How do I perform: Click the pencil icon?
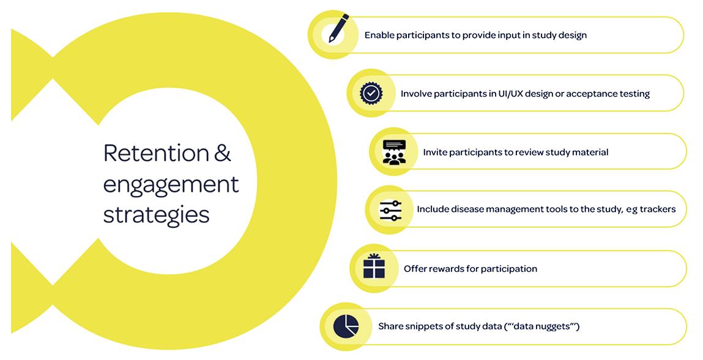tap(338, 28)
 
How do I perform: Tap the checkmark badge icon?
tap(370, 93)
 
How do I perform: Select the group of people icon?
tap(394, 152)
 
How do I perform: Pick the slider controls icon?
tap(390, 210)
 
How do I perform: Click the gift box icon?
tap(374, 267)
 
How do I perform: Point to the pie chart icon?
tap(346, 326)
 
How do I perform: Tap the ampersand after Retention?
tap(223, 153)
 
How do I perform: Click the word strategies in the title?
tap(156, 215)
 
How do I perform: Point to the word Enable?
tap(379, 36)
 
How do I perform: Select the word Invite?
tap(435, 152)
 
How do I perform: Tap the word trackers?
tap(658, 209)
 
